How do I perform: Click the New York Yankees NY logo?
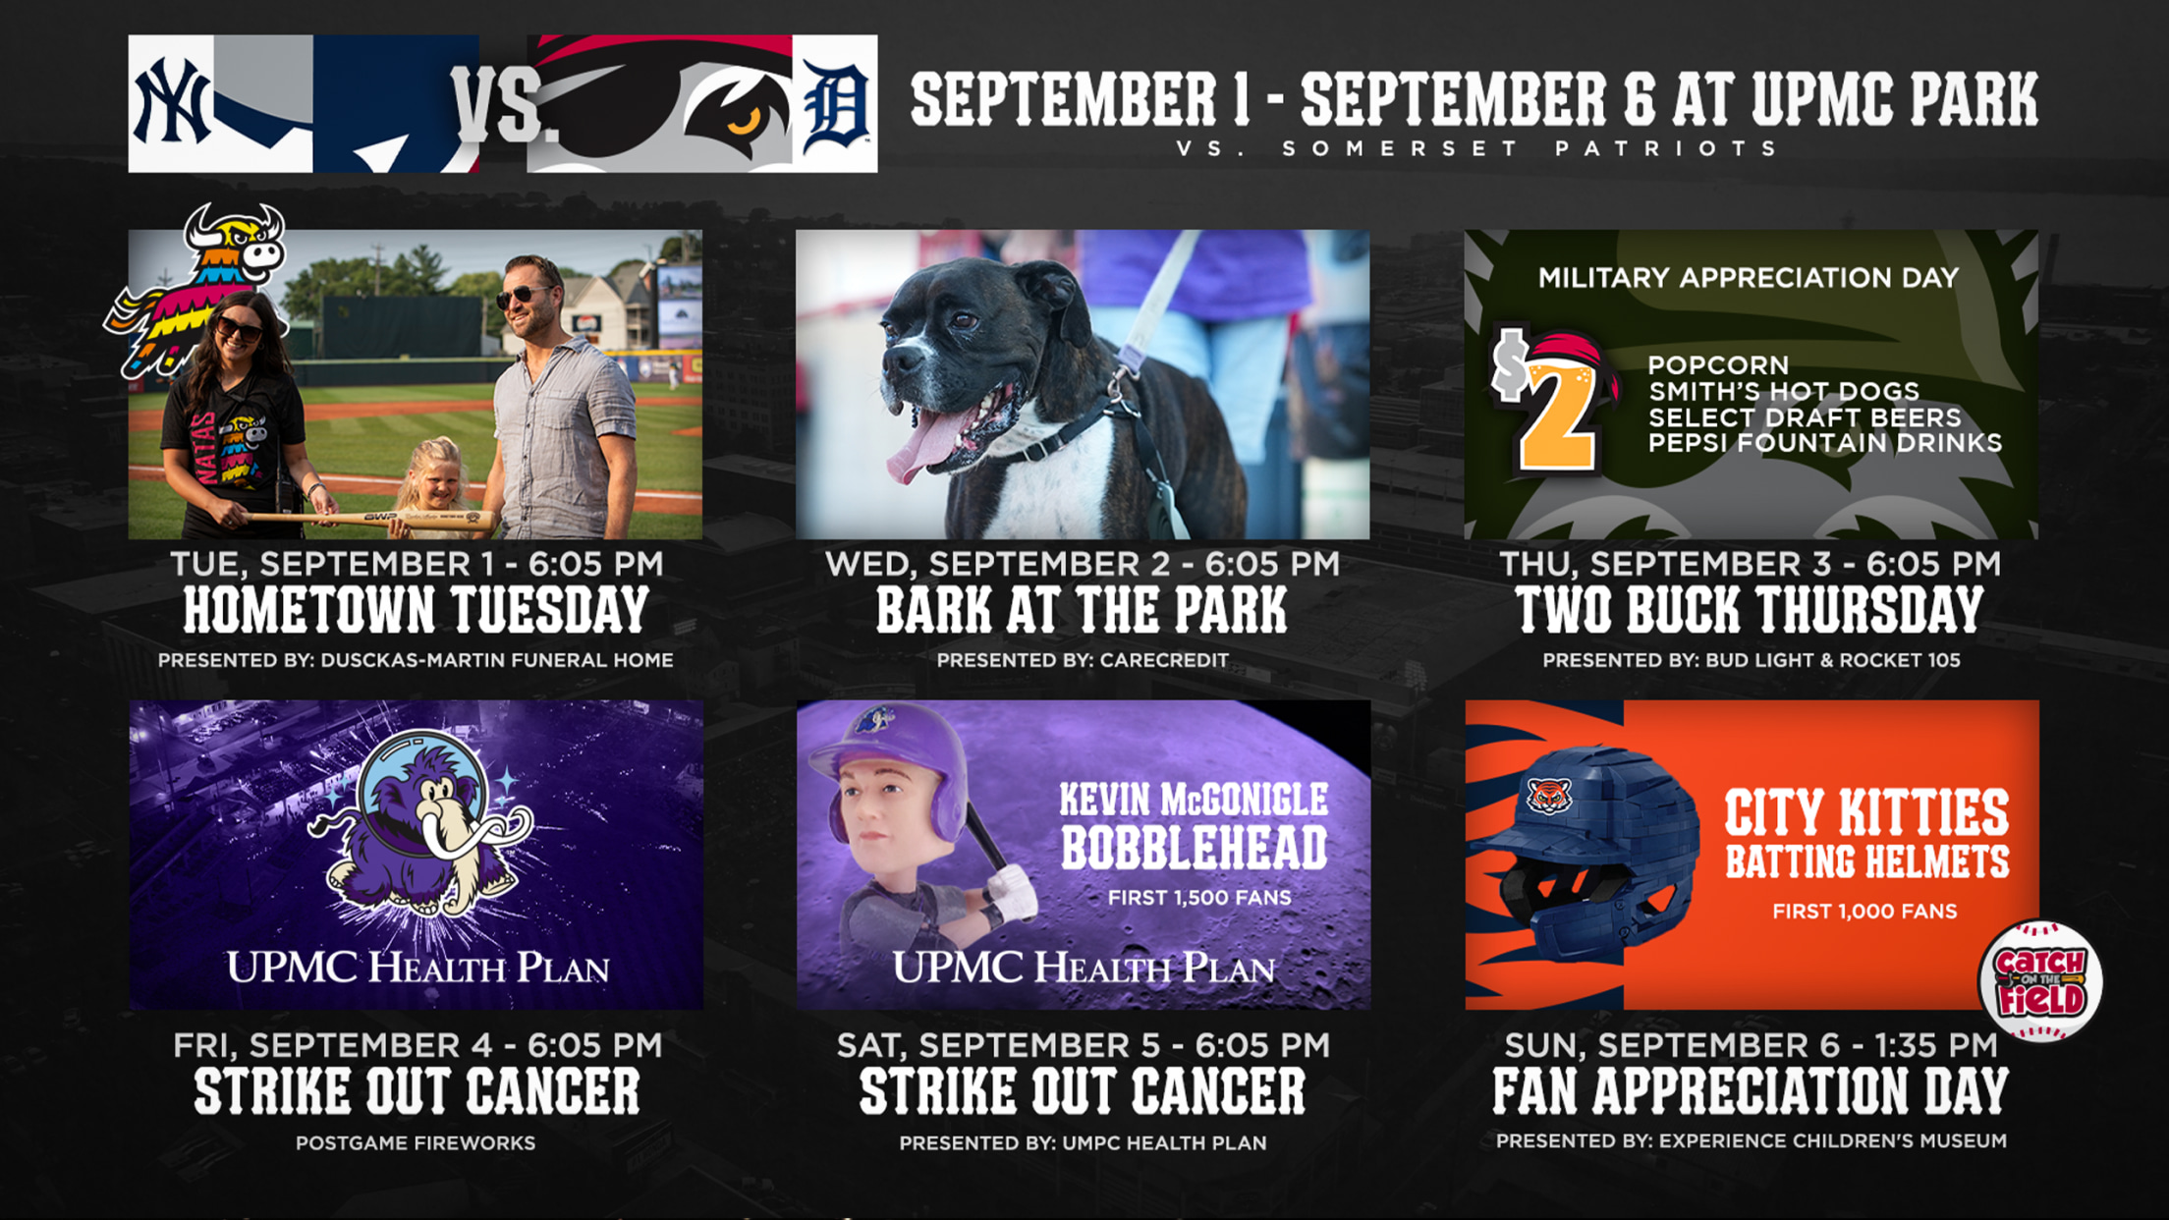173,102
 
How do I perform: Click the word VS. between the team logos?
498,104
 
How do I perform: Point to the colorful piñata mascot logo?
197,289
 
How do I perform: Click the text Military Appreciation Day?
1749,278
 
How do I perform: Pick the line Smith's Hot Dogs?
1784,392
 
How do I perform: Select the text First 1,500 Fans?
1199,897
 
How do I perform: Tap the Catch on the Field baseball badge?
2040,981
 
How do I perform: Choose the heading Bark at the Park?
1082,610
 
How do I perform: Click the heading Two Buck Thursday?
1751,610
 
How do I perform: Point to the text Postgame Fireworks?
416,1142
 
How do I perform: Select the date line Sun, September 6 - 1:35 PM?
1751,1044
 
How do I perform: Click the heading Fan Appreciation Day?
1751,1091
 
